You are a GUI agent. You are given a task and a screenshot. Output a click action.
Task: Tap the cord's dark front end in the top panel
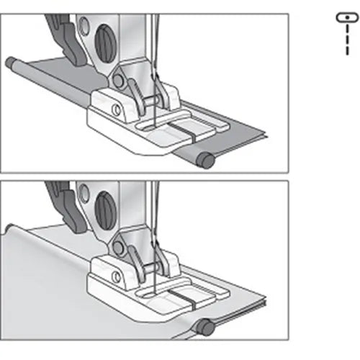(207, 162)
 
